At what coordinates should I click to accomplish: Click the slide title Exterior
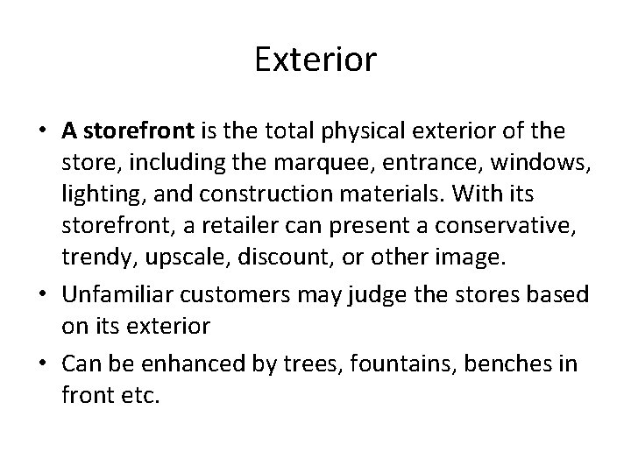(315, 60)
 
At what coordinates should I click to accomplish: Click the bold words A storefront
(128, 131)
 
